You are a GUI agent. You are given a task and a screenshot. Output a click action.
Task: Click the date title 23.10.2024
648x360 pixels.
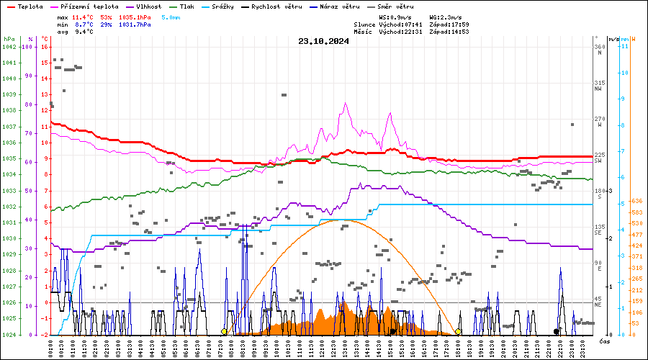[323, 41]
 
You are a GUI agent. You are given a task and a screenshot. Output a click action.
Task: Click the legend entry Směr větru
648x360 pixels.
[395, 6]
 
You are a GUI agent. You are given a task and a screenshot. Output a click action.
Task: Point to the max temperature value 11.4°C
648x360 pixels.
[84, 16]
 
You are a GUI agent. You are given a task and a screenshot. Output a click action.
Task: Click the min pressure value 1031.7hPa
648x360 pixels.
[135, 24]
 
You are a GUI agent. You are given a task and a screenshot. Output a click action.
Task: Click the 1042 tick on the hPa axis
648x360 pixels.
[9, 47]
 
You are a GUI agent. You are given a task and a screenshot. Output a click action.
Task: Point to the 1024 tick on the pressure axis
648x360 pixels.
[9, 335]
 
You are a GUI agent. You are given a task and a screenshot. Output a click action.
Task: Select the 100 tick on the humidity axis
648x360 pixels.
[28, 47]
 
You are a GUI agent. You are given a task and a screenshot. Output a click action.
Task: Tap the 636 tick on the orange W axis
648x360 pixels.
[636, 201]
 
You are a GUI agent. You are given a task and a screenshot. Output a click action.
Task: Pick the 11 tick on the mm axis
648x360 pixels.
[626, 47]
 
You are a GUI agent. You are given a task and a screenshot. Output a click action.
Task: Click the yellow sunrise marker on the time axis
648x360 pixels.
[224, 332]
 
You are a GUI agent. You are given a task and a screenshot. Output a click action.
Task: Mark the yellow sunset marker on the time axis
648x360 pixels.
[459, 332]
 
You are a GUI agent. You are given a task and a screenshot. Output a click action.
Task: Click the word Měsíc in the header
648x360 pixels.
[364, 32]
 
